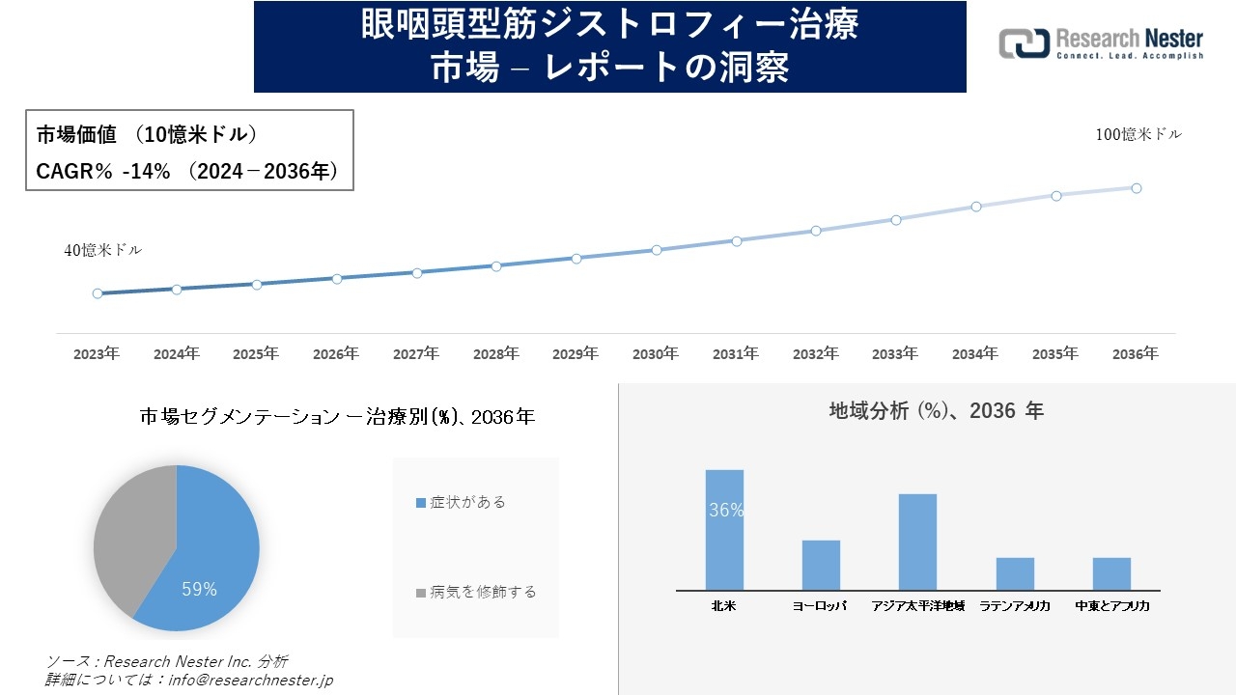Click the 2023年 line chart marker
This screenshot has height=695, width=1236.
coord(98,293)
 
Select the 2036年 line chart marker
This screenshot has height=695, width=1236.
coord(1137,188)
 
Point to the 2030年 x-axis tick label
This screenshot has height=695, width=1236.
coord(656,354)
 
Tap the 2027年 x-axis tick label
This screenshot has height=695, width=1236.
coord(416,354)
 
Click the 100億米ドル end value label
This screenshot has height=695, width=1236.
coord(1138,135)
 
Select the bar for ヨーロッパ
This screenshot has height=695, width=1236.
coord(821,565)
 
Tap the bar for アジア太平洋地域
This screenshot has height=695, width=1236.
coord(917,542)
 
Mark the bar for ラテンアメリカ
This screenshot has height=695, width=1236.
coord(1015,573)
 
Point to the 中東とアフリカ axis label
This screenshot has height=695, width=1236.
coord(1111,606)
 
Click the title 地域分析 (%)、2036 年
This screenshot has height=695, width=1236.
coord(936,411)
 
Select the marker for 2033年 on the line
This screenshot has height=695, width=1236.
coord(896,220)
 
